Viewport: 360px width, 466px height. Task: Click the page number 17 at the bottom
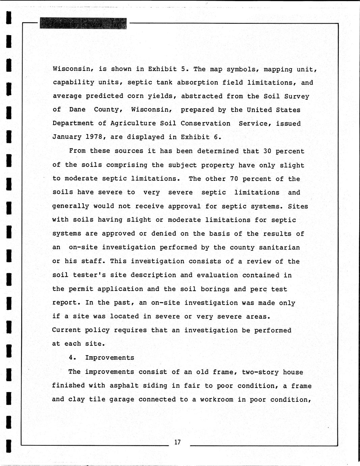pyautogui.click(x=178, y=442)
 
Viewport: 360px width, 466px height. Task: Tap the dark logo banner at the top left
pyautogui.click(x=83, y=24)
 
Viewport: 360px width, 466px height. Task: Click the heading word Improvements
pyautogui.click(x=109, y=358)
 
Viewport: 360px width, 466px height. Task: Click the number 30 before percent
pyautogui.click(x=267, y=151)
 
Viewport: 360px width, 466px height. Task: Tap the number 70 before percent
pyautogui.click(x=234, y=179)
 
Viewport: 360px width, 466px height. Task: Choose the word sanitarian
pyautogui.click(x=279, y=247)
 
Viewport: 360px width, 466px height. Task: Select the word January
pyautogui.click(x=67, y=137)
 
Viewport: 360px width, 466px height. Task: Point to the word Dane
pyautogui.click(x=77, y=110)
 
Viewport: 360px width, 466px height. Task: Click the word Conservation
pyautogui.click(x=205, y=123)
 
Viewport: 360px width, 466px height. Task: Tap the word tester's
pyautogui.click(x=89, y=275)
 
